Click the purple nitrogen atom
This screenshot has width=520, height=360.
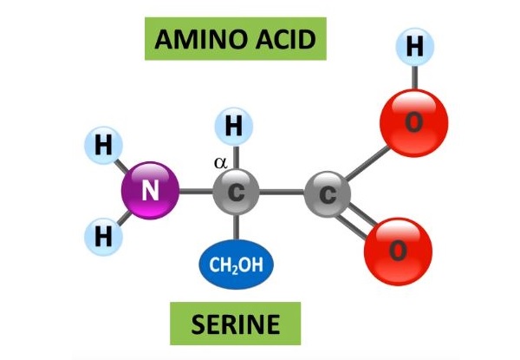150,191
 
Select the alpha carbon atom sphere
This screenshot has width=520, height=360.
236,192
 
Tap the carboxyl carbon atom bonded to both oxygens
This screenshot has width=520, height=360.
328,194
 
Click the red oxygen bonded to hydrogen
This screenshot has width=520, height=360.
414,122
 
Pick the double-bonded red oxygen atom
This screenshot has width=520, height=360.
398,252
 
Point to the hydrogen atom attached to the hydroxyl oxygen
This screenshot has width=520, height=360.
415,47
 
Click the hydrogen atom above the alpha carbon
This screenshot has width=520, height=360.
234,127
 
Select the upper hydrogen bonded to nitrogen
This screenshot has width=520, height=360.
104,146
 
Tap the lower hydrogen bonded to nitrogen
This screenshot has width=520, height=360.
104,237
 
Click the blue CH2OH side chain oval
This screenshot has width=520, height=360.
236,265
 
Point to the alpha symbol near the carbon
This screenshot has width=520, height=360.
221,162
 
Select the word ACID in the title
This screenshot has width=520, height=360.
283,39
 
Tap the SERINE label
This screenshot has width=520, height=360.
236,324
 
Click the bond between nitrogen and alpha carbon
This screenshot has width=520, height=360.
196,192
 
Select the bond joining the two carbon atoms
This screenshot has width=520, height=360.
282,192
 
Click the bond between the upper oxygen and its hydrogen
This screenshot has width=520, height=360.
414,77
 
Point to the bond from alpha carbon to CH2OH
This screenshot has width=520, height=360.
236,227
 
